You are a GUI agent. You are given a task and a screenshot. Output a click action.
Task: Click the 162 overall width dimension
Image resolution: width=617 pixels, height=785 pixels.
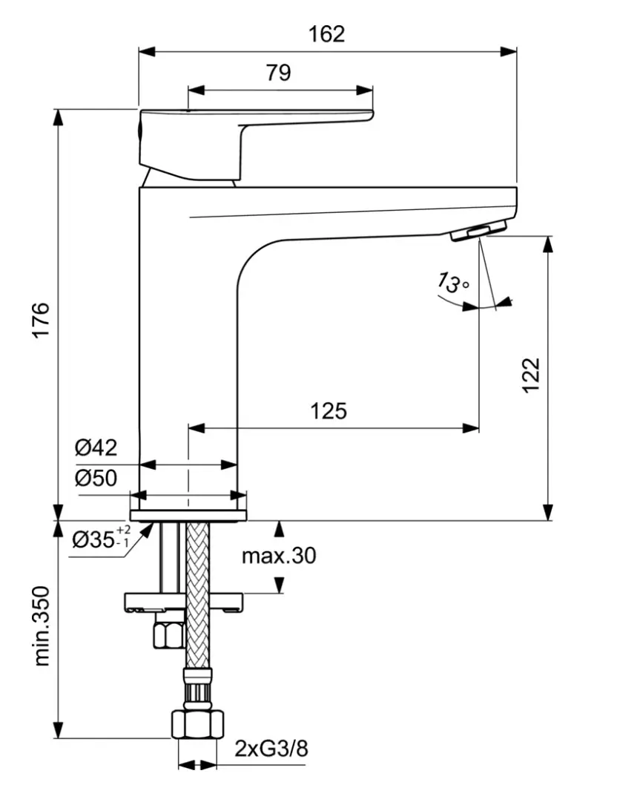(327, 34)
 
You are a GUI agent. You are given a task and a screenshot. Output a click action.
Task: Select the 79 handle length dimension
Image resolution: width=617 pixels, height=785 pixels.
(278, 73)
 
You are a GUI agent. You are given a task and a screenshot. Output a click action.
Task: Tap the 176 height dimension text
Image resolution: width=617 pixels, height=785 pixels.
(40, 320)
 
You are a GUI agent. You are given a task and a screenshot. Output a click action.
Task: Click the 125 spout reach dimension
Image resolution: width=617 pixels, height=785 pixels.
(329, 410)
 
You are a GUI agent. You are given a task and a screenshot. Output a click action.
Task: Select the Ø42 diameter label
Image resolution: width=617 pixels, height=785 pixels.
(96, 447)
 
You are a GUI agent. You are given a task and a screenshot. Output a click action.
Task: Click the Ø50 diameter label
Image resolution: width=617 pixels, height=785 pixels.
(96, 478)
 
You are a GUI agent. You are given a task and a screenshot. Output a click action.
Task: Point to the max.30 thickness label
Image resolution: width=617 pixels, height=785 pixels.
(278, 555)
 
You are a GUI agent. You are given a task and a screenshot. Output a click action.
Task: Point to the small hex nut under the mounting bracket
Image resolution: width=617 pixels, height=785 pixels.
(167, 634)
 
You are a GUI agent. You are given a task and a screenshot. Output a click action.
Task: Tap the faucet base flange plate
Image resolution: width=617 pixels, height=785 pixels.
(188, 515)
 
